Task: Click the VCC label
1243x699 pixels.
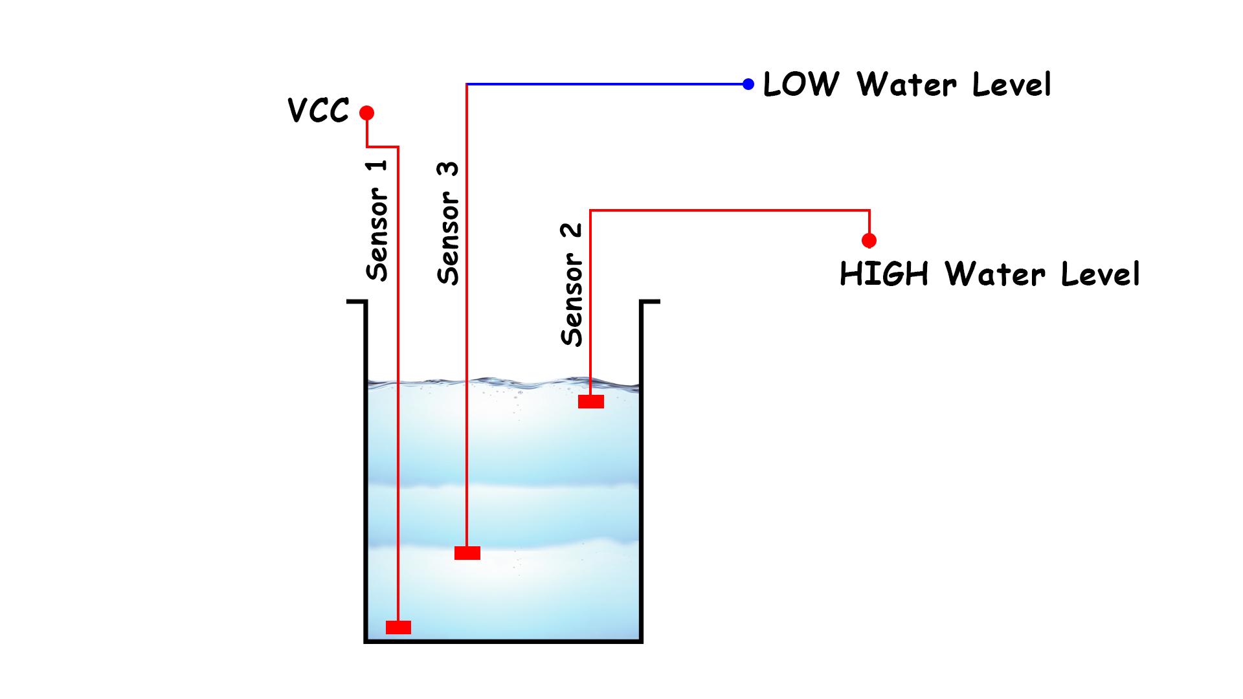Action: point(318,111)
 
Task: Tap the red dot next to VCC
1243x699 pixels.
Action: point(367,113)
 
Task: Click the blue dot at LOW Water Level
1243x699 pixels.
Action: point(748,84)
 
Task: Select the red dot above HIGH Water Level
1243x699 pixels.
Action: point(869,241)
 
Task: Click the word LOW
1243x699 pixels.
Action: point(800,85)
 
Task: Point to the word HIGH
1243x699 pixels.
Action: point(884,274)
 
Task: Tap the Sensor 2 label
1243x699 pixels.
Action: point(572,285)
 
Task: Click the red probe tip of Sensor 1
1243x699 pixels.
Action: point(398,627)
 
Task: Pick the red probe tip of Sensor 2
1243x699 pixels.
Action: point(590,402)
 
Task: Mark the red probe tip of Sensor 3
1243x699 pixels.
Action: point(467,553)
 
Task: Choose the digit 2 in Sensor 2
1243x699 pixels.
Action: point(572,231)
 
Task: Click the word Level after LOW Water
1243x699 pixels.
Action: point(1012,85)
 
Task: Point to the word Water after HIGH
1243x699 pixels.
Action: point(995,274)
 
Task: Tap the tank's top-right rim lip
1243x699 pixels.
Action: point(650,302)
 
